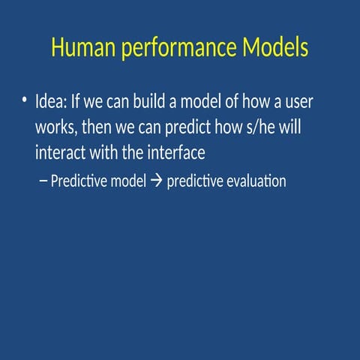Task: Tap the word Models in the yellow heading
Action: tap(275, 48)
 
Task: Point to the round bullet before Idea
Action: tap(25, 101)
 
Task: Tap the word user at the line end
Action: tap(296, 102)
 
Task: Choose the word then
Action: tap(97, 127)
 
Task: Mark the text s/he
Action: tap(255, 127)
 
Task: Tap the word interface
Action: tap(177, 153)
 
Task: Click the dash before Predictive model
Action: tap(42, 182)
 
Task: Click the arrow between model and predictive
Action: tap(156, 182)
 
